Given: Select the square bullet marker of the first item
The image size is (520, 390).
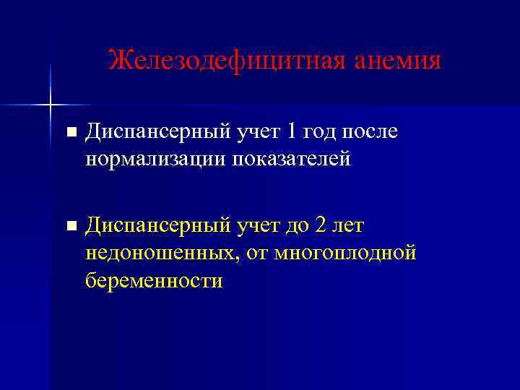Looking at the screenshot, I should click(69, 132).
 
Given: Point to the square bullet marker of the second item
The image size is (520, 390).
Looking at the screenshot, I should click(69, 226).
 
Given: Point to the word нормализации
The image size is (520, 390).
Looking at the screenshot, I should click(155, 158).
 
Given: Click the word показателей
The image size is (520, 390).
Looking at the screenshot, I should click(291, 158).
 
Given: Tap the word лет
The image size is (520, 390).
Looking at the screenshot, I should click(350, 226).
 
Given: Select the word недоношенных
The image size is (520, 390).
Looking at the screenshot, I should click(162, 253).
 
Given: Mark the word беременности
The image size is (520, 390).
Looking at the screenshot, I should click(153, 279).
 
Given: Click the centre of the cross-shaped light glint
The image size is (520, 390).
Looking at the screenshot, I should click(51, 106).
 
